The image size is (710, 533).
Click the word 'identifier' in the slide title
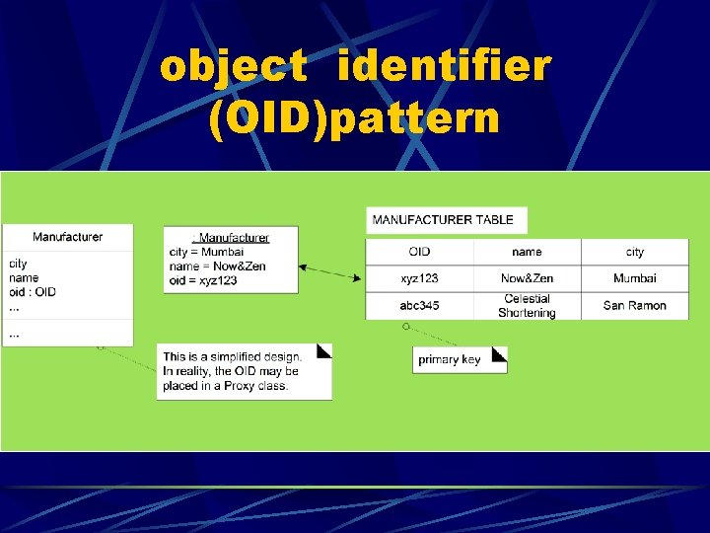click(x=444, y=67)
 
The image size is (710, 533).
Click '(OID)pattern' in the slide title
click(x=355, y=118)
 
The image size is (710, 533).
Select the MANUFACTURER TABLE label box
click(x=446, y=220)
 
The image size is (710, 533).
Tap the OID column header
click(x=419, y=252)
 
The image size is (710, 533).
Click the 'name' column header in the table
click(x=527, y=252)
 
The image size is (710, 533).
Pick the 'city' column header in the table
click(x=634, y=252)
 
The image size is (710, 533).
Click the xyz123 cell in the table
click(x=419, y=278)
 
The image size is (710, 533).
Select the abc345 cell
click(x=419, y=306)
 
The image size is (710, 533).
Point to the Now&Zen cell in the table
click(x=527, y=278)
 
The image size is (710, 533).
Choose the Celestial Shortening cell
click(x=527, y=306)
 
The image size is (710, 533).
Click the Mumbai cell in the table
click(x=634, y=278)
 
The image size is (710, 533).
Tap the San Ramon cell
click(x=634, y=306)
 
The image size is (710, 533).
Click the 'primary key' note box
click(x=459, y=359)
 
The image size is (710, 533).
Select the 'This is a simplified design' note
click(x=244, y=371)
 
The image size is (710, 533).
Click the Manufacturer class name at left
click(x=67, y=237)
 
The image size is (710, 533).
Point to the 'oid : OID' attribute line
click(x=33, y=292)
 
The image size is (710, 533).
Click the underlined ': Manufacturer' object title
click(x=232, y=237)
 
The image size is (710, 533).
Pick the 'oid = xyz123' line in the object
click(x=203, y=280)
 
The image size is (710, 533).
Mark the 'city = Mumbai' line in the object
click(x=206, y=252)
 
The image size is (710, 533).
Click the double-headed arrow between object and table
click(x=330, y=272)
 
